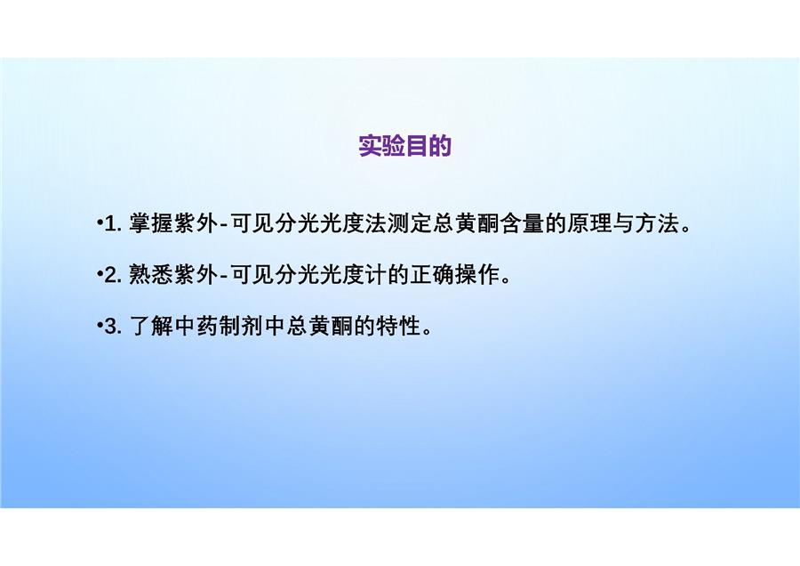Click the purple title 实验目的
(x=405, y=146)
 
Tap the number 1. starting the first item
(x=113, y=223)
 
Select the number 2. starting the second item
(x=113, y=275)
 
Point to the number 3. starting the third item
(x=113, y=327)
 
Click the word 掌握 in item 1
(x=151, y=223)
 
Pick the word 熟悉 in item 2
(x=151, y=275)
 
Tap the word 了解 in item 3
(x=151, y=327)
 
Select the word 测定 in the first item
(x=409, y=223)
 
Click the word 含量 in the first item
(x=522, y=223)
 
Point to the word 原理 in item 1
(x=588, y=223)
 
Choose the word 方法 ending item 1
(x=656, y=223)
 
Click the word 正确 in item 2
(x=432, y=275)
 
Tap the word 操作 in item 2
(x=476, y=275)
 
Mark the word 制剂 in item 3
(x=241, y=327)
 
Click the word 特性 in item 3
(x=398, y=327)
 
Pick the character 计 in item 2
(x=375, y=275)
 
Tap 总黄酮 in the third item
(x=319, y=327)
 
